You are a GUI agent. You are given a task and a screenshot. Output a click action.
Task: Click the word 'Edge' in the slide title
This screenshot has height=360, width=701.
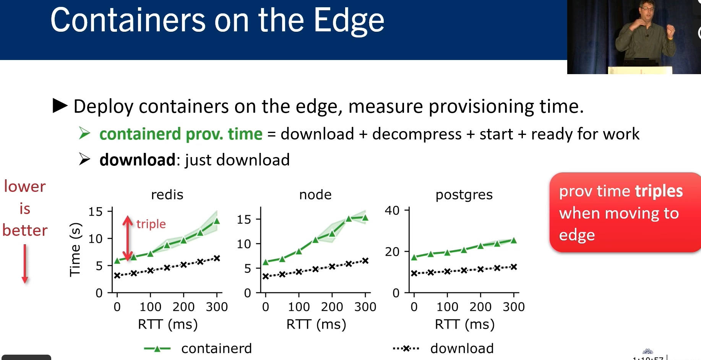pos(349,21)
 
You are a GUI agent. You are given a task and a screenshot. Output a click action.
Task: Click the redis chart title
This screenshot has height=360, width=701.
pos(167,195)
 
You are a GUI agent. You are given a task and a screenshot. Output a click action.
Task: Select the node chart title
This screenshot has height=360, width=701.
pos(315,195)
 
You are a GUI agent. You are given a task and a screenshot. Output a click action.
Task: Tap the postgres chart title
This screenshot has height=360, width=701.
pos(464,195)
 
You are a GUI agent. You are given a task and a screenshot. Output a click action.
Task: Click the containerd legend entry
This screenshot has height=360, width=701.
pos(198,349)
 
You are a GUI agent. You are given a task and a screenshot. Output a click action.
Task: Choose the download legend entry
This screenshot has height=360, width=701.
pos(443,349)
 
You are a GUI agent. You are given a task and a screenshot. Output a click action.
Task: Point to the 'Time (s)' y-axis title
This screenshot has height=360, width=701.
pos(75,250)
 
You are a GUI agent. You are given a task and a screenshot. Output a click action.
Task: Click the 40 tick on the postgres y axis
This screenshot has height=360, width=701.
pos(392,211)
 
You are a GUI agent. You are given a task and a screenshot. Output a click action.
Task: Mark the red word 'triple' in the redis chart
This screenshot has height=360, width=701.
pos(151,224)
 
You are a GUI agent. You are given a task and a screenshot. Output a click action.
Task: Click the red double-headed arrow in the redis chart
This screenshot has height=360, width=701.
pos(128,238)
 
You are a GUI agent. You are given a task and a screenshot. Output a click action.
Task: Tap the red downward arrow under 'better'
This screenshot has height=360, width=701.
pos(25,264)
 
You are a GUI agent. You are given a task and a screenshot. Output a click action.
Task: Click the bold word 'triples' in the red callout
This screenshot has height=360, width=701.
pos(659,191)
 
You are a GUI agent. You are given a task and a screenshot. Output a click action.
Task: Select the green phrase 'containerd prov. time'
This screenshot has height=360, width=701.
pos(181,134)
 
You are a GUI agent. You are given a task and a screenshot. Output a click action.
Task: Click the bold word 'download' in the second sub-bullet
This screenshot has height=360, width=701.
pos(137,160)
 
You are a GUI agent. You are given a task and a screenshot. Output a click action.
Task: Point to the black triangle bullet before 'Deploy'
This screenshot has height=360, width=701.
pos(60,106)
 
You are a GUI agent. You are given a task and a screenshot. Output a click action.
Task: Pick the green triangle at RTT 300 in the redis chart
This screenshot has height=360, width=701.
pos(217,221)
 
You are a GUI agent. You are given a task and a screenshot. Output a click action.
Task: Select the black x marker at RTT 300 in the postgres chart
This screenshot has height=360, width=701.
pos(514,267)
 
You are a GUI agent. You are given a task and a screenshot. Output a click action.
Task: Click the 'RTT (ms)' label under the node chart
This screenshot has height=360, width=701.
pos(316,324)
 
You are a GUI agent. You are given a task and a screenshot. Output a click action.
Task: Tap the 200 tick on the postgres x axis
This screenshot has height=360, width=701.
pos(480,307)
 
